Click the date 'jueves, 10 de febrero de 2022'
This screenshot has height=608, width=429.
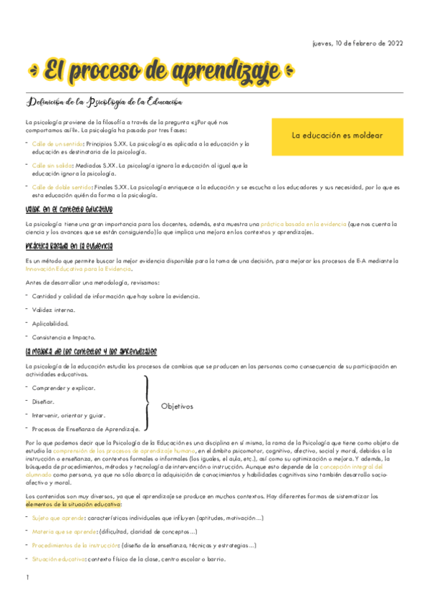(358, 43)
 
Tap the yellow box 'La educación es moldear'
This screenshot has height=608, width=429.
(337, 136)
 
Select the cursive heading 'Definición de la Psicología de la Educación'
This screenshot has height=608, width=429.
(105, 103)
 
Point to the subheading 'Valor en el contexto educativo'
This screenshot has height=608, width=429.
(69, 209)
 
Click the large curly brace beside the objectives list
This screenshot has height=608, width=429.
(148, 407)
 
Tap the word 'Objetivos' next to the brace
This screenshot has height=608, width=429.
(177, 407)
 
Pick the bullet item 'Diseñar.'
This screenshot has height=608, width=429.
(44, 402)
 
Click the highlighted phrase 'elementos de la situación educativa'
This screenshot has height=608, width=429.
(74, 504)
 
